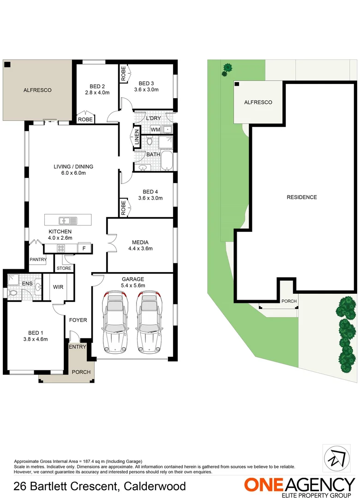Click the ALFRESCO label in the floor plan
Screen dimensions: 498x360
pos(37,90)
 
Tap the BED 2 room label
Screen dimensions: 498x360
pos(97,86)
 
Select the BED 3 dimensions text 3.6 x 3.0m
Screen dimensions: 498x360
pos(146,90)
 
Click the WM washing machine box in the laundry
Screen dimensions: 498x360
pos(155,129)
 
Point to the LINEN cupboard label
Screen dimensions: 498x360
pos(137,137)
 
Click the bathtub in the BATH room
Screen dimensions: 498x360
pos(167,161)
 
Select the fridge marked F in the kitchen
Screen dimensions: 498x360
pos(84,249)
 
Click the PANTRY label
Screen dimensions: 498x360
pos(38,260)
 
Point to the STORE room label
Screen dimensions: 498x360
pos(64,268)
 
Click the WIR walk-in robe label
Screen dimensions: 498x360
pos(58,287)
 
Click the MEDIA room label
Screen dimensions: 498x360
pos(140,242)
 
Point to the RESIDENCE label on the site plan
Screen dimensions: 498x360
pos(302,197)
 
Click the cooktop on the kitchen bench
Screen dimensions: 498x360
pos(61,249)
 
